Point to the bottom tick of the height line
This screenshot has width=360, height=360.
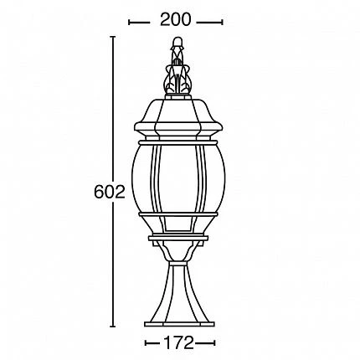[115, 326]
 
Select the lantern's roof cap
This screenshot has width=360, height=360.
[178, 113]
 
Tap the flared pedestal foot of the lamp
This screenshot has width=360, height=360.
[178, 293]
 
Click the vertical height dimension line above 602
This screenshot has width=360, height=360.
[115, 109]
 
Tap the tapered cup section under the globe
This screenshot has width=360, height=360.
[178, 255]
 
